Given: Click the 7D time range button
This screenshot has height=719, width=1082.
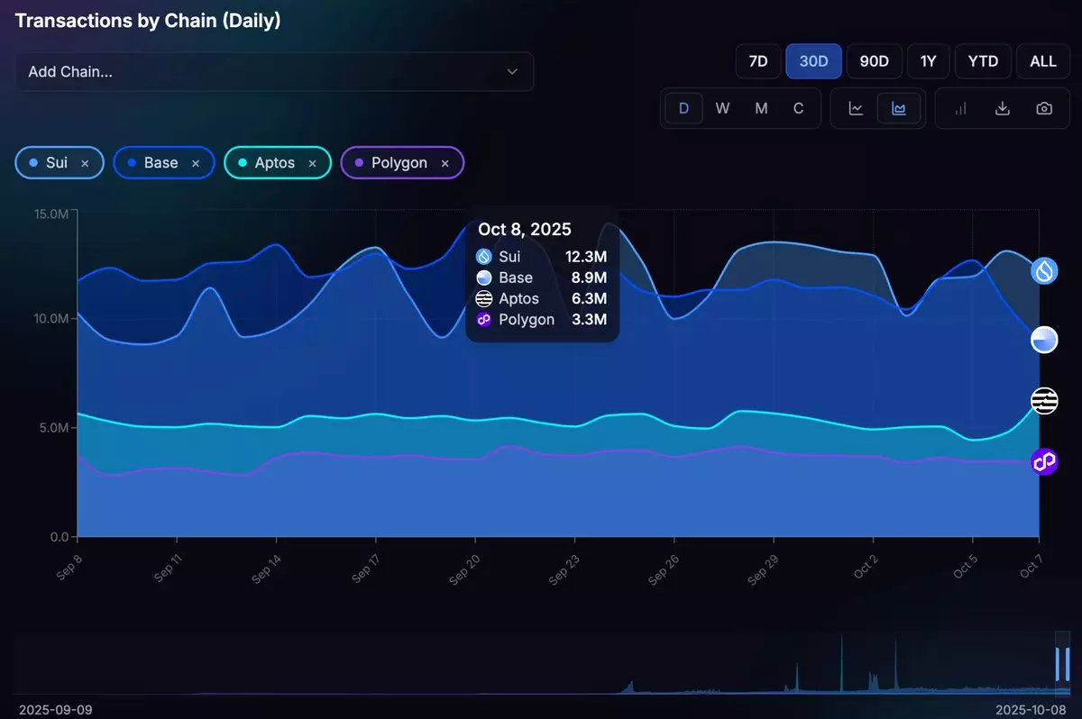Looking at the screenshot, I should (x=758, y=61).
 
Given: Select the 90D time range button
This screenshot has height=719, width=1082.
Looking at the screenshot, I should (x=874, y=61).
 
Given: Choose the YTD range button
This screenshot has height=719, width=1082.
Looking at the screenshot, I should (x=983, y=61).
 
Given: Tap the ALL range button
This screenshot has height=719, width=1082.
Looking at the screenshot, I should (x=1043, y=61).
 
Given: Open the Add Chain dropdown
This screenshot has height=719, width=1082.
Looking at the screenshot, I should (x=274, y=71).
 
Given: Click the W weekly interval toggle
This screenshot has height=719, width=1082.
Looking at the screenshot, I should (x=722, y=108).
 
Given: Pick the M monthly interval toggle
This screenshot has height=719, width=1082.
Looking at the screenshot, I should (x=761, y=108).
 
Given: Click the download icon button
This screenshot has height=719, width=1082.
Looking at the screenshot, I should (x=1002, y=108).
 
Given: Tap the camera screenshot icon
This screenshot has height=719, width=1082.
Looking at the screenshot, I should (x=1044, y=108).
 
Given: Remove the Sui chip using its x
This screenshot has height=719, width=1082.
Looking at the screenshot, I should (x=85, y=163).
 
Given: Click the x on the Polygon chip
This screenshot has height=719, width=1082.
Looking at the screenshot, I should (x=445, y=163).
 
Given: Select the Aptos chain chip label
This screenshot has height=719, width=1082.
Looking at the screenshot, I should (x=274, y=163).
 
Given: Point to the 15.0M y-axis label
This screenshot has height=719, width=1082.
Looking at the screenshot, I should (x=50, y=214).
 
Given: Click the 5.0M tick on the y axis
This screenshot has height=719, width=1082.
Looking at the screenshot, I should (x=52, y=428).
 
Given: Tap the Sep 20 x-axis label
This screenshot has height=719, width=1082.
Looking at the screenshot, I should (x=464, y=565).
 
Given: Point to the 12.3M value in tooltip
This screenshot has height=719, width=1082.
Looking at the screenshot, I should (x=586, y=257).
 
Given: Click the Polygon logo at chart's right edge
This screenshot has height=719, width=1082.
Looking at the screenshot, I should (x=1044, y=462).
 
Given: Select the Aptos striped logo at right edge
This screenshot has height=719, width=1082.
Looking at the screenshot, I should (x=1044, y=401).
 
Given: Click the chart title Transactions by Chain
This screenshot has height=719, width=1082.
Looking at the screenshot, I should (x=148, y=21).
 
